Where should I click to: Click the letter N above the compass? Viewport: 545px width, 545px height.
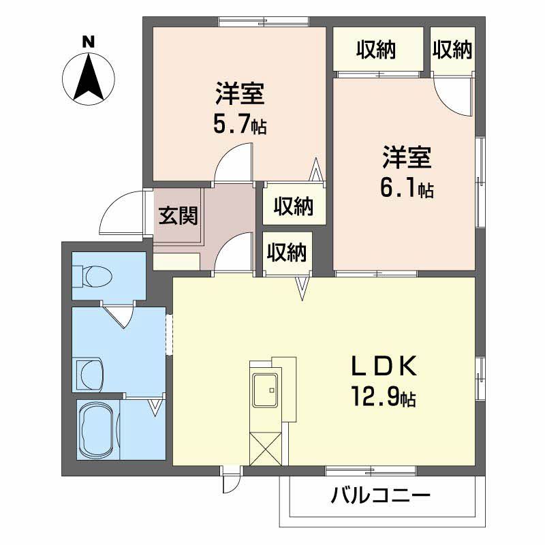87,42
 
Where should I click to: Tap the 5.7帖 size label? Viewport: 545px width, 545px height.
239,125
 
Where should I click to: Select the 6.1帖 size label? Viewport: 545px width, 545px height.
407,189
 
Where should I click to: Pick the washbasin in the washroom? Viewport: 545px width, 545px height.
91,373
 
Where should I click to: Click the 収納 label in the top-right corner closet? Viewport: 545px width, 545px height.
452,49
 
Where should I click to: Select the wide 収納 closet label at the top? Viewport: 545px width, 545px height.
377,49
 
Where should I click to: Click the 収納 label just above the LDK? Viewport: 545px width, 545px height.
286,253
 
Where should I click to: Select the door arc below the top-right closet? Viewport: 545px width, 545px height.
453,95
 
